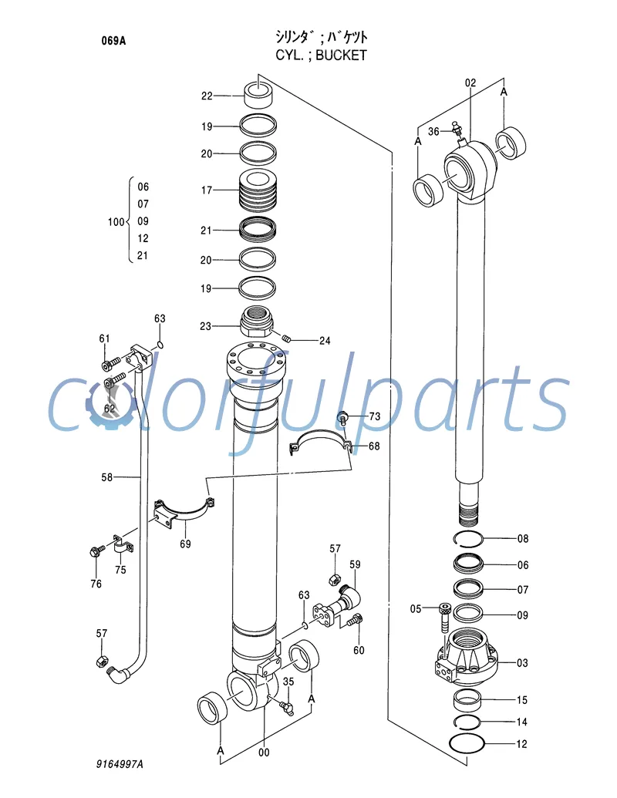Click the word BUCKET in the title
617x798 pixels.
pos(342,55)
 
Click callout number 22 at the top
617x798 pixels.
pos(207,96)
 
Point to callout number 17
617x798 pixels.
pos(207,189)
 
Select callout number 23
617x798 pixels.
pos(205,326)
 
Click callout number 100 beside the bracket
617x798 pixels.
pos(116,222)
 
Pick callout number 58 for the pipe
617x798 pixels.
pos(107,477)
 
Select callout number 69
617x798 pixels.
pos(185,544)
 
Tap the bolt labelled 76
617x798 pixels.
pos(96,552)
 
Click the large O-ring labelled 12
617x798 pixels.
pos(467,745)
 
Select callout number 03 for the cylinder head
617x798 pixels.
pos(522,662)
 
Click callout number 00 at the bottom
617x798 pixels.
pos(264,753)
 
